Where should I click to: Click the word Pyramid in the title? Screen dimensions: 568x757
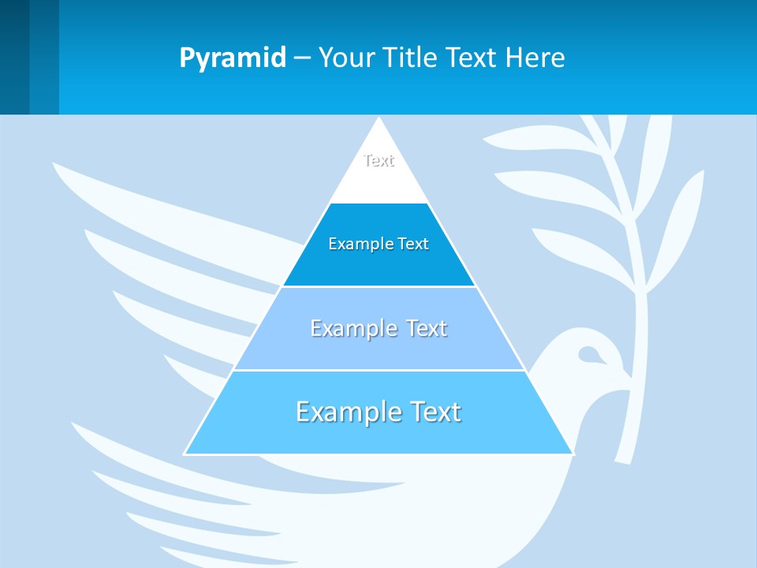pos(233,58)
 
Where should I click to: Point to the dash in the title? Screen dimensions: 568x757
pos(301,58)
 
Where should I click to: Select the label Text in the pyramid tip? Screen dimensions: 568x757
pos(378,161)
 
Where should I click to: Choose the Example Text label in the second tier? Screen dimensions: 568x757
pos(378,244)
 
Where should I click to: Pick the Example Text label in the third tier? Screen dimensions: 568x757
pos(378,328)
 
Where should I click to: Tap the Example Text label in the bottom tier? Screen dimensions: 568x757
pos(378,412)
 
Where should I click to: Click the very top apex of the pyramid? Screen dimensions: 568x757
pos(379,119)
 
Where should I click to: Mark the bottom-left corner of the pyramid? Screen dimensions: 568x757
pos(185,454)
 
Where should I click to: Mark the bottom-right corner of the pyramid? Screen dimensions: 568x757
pos(572,454)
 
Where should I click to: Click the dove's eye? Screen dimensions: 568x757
pos(587,354)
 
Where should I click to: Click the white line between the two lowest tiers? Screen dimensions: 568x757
pos(378,370)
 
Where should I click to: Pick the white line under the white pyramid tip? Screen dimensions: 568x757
pos(378,203)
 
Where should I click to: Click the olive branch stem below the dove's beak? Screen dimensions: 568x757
pos(627,426)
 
